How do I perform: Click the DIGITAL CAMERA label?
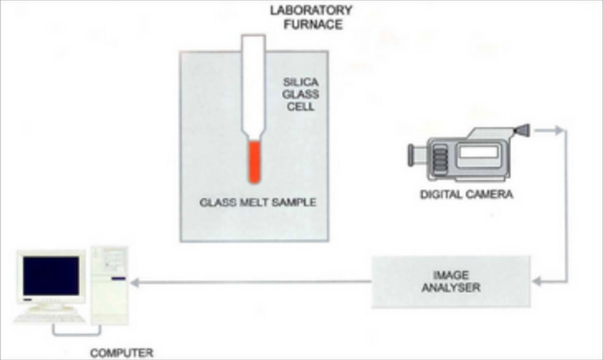click(x=466, y=195)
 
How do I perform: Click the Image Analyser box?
click(x=450, y=282)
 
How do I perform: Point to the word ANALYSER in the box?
click(x=450, y=288)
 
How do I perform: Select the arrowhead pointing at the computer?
click(x=136, y=282)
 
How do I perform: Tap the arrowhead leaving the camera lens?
click(x=560, y=130)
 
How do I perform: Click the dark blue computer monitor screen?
click(x=51, y=276)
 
